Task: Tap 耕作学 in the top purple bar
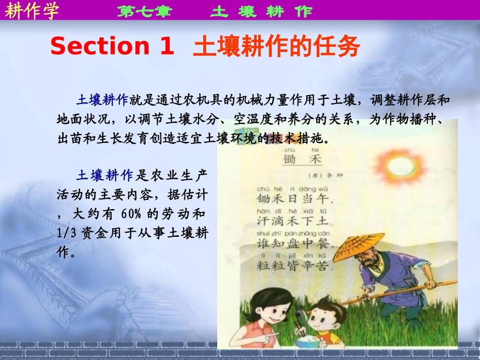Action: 32,11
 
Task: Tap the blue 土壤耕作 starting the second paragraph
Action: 105,175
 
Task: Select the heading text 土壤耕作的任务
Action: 276,47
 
